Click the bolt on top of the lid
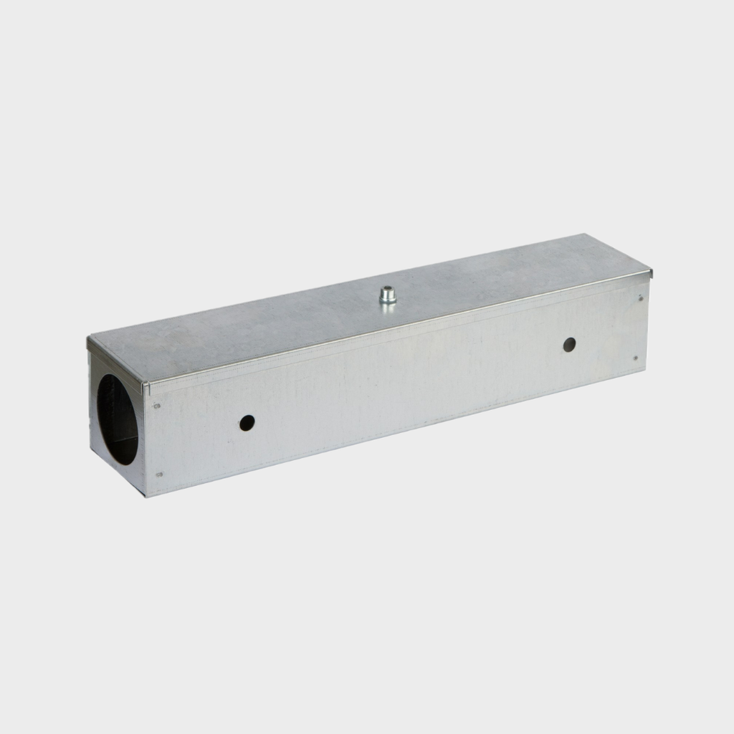point(388,295)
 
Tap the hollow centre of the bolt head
point(388,290)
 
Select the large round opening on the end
point(118,419)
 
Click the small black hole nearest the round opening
point(247,423)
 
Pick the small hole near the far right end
point(569,344)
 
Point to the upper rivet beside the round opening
point(157,406)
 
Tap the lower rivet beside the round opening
point(158,474)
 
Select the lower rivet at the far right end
point(635,358)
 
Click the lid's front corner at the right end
point(651,272)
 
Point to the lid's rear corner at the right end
point(585,234)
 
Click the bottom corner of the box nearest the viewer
point(146,495)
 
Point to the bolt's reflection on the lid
point(388,309)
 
